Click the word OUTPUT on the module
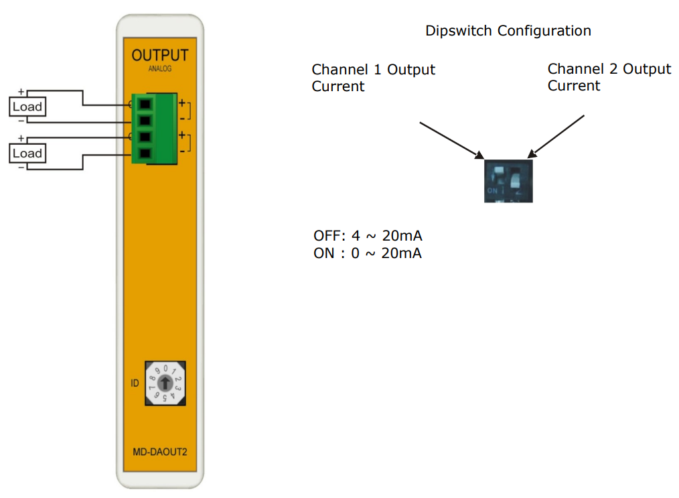click(160, 56)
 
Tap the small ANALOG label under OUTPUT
click(159, 69)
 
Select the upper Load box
click(27, 107)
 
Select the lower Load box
click(27, 153)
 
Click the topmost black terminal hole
click(144, 104)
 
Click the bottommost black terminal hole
click(144, 153)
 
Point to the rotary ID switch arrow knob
click(165, 383)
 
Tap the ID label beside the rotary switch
click(134, 383)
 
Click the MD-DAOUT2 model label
click(160, 452)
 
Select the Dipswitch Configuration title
click(508, 31)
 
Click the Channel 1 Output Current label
click(373, 78)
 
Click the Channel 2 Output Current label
click(609, 78)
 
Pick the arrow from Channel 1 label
click(451, 139)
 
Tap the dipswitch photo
click(508, 180)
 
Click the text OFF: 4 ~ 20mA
click(368, 237)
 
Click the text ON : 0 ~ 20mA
click(368, 253)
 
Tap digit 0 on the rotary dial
click(165, 369)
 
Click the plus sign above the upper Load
click(21, 92)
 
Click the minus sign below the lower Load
click(21, 166)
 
